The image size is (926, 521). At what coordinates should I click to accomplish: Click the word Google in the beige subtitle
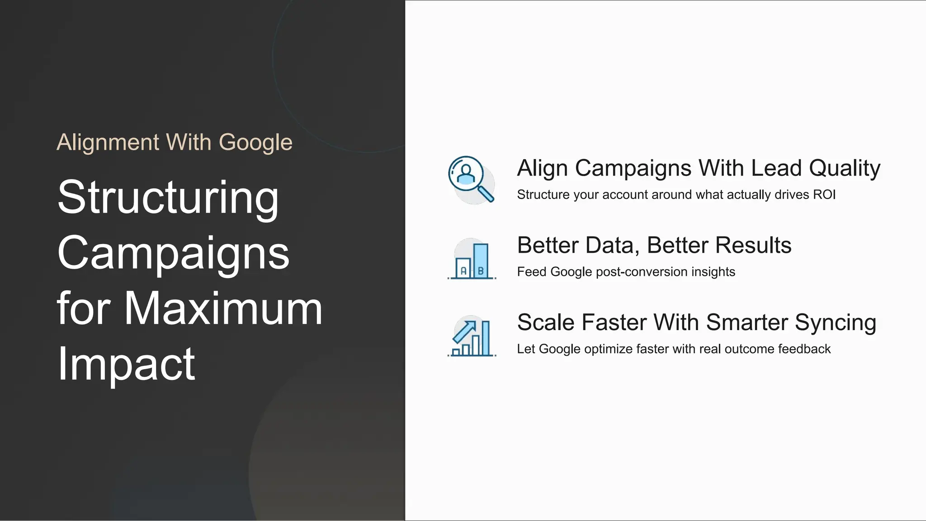click(255, 143)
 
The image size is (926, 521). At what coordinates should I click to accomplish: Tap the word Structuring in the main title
click(168, 197)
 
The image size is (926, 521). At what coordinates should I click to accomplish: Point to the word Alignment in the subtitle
click(108, 142)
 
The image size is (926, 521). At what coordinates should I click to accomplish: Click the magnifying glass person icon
click(471, 180)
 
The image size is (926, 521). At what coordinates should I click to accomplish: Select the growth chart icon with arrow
click(472, 337)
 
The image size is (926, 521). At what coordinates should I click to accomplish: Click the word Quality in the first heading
click(844, 168)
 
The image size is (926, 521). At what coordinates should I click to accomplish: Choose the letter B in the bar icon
click(481, 271)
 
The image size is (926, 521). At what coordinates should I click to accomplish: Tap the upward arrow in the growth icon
click(465, 332)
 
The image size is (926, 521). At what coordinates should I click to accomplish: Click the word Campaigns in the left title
click(173, 253)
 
